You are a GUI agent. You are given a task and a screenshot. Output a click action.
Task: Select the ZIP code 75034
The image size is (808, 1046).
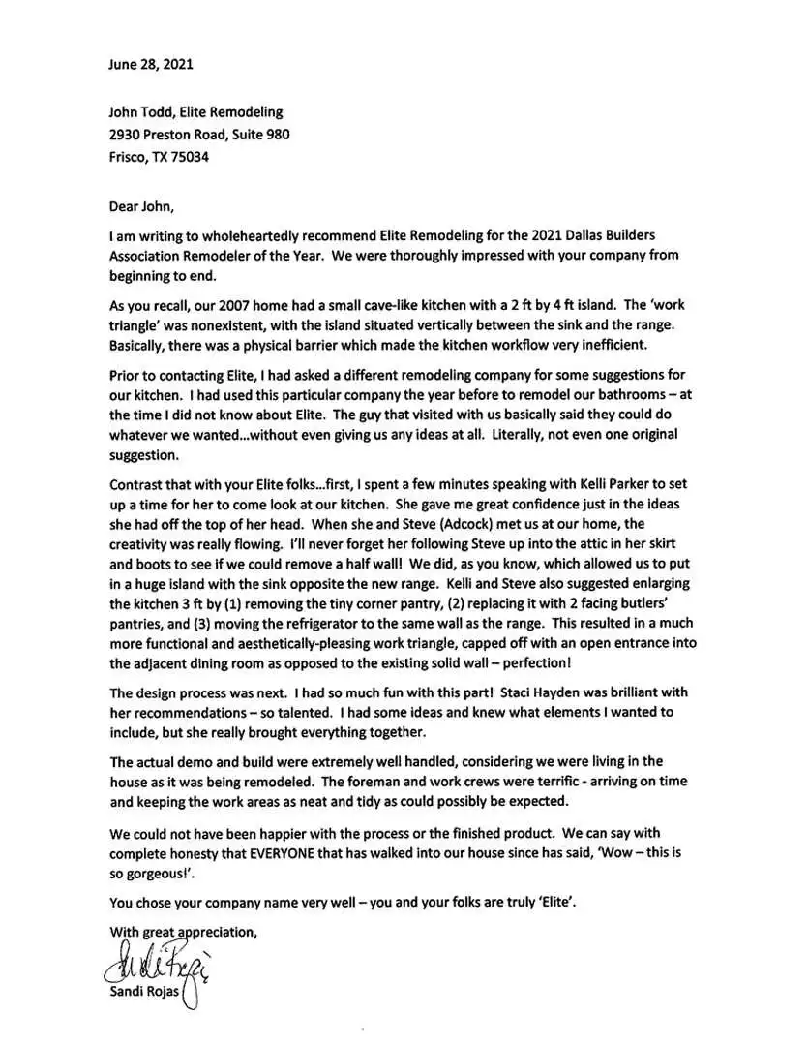[189, 156]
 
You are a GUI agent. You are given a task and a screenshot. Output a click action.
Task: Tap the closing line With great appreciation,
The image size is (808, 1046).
[184, 932]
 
